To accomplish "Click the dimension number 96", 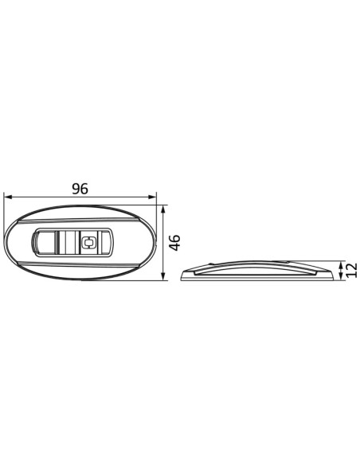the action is pyautogui.click(x=80, y=189).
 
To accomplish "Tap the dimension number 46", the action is pyautogui.click(x=175, y=243).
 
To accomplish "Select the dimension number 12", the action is pyautogui.click(x=351, y=270).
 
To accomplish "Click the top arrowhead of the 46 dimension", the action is pyautogui.click(x=162, y=209).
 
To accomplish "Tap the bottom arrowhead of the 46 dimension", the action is pyautogui.click(x=162, y=276).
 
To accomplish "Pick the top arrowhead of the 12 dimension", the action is pyautogui.click(x=341, y=264).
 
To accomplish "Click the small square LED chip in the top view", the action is pyautogui.click(x=88, y=243).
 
